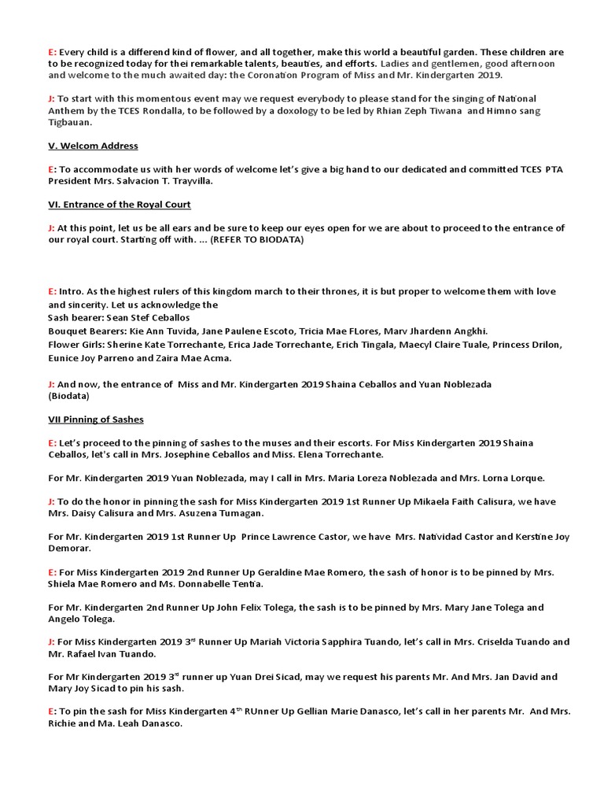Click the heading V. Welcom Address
(93, 146)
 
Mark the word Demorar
(70, 548)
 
